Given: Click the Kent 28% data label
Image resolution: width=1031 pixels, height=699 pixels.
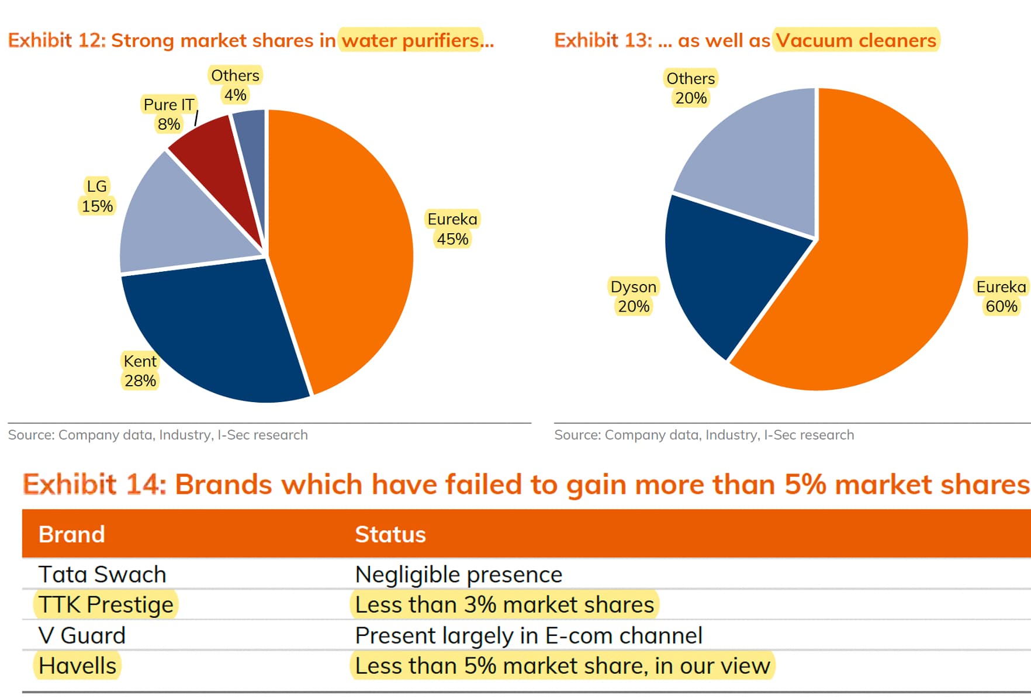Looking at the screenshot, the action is [x=140, y=371].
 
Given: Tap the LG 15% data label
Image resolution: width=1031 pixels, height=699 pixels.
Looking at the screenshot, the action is [x=97, y=196].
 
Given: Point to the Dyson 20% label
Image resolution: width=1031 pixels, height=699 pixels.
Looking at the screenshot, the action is [x=634, y=296].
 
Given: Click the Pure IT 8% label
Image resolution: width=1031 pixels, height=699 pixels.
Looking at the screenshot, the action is [x=169, y=114].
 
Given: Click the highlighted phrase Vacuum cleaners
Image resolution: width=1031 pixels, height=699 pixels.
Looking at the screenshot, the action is [x=856, y=40].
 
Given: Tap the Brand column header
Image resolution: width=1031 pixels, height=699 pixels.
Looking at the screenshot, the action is [x=72, y=534].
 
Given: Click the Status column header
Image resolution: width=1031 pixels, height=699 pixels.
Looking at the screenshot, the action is [x=390, y=534].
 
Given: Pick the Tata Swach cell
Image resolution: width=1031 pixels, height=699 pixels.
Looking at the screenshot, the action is [x=102, y=575].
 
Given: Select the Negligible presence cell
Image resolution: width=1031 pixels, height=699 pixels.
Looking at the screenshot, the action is [x=459, y=575].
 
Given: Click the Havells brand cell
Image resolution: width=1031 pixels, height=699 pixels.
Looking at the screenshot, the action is [x=78, y=666].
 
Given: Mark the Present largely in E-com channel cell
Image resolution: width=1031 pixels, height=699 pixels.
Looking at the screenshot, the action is [x=529, y=635].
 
